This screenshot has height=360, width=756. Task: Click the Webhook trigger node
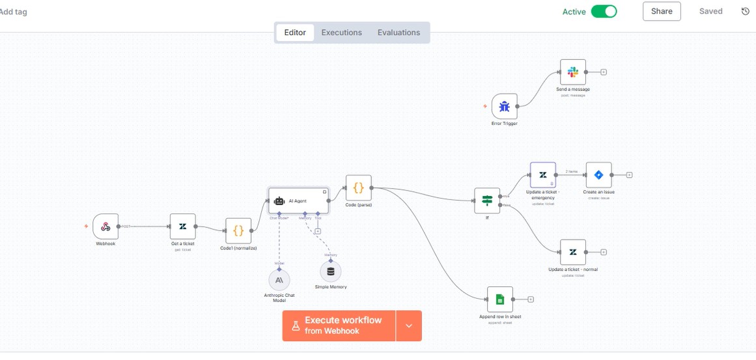pos(105,227)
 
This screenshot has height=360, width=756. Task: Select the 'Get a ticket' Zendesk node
pos(182,227)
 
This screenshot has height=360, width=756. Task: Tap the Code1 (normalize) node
pos(238,231)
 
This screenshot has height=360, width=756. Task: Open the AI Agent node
pos(298,201)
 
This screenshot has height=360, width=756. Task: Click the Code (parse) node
pos(358,188)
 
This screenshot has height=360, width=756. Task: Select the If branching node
pos(487,201)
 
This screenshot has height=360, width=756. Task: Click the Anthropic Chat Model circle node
pos(279,280)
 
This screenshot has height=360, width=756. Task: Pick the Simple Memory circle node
pos(330,271)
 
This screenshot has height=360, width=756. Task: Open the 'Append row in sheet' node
pos(499,299)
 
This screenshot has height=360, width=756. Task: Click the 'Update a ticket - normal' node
pos(572,252)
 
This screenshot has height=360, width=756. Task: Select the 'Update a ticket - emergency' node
pos(542,175)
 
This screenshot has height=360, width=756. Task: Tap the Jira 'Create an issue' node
pos(598,175)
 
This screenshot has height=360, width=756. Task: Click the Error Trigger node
pos(504,106)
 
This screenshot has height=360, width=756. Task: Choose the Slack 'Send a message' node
pos(572,72)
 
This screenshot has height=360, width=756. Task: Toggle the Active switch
pos(604,12)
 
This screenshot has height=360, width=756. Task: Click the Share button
pos(662,11)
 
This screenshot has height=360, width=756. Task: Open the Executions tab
pos(341,33)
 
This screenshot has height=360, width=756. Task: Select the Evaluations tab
pos(399,33)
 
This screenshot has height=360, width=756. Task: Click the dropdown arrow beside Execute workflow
pos(409,325)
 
